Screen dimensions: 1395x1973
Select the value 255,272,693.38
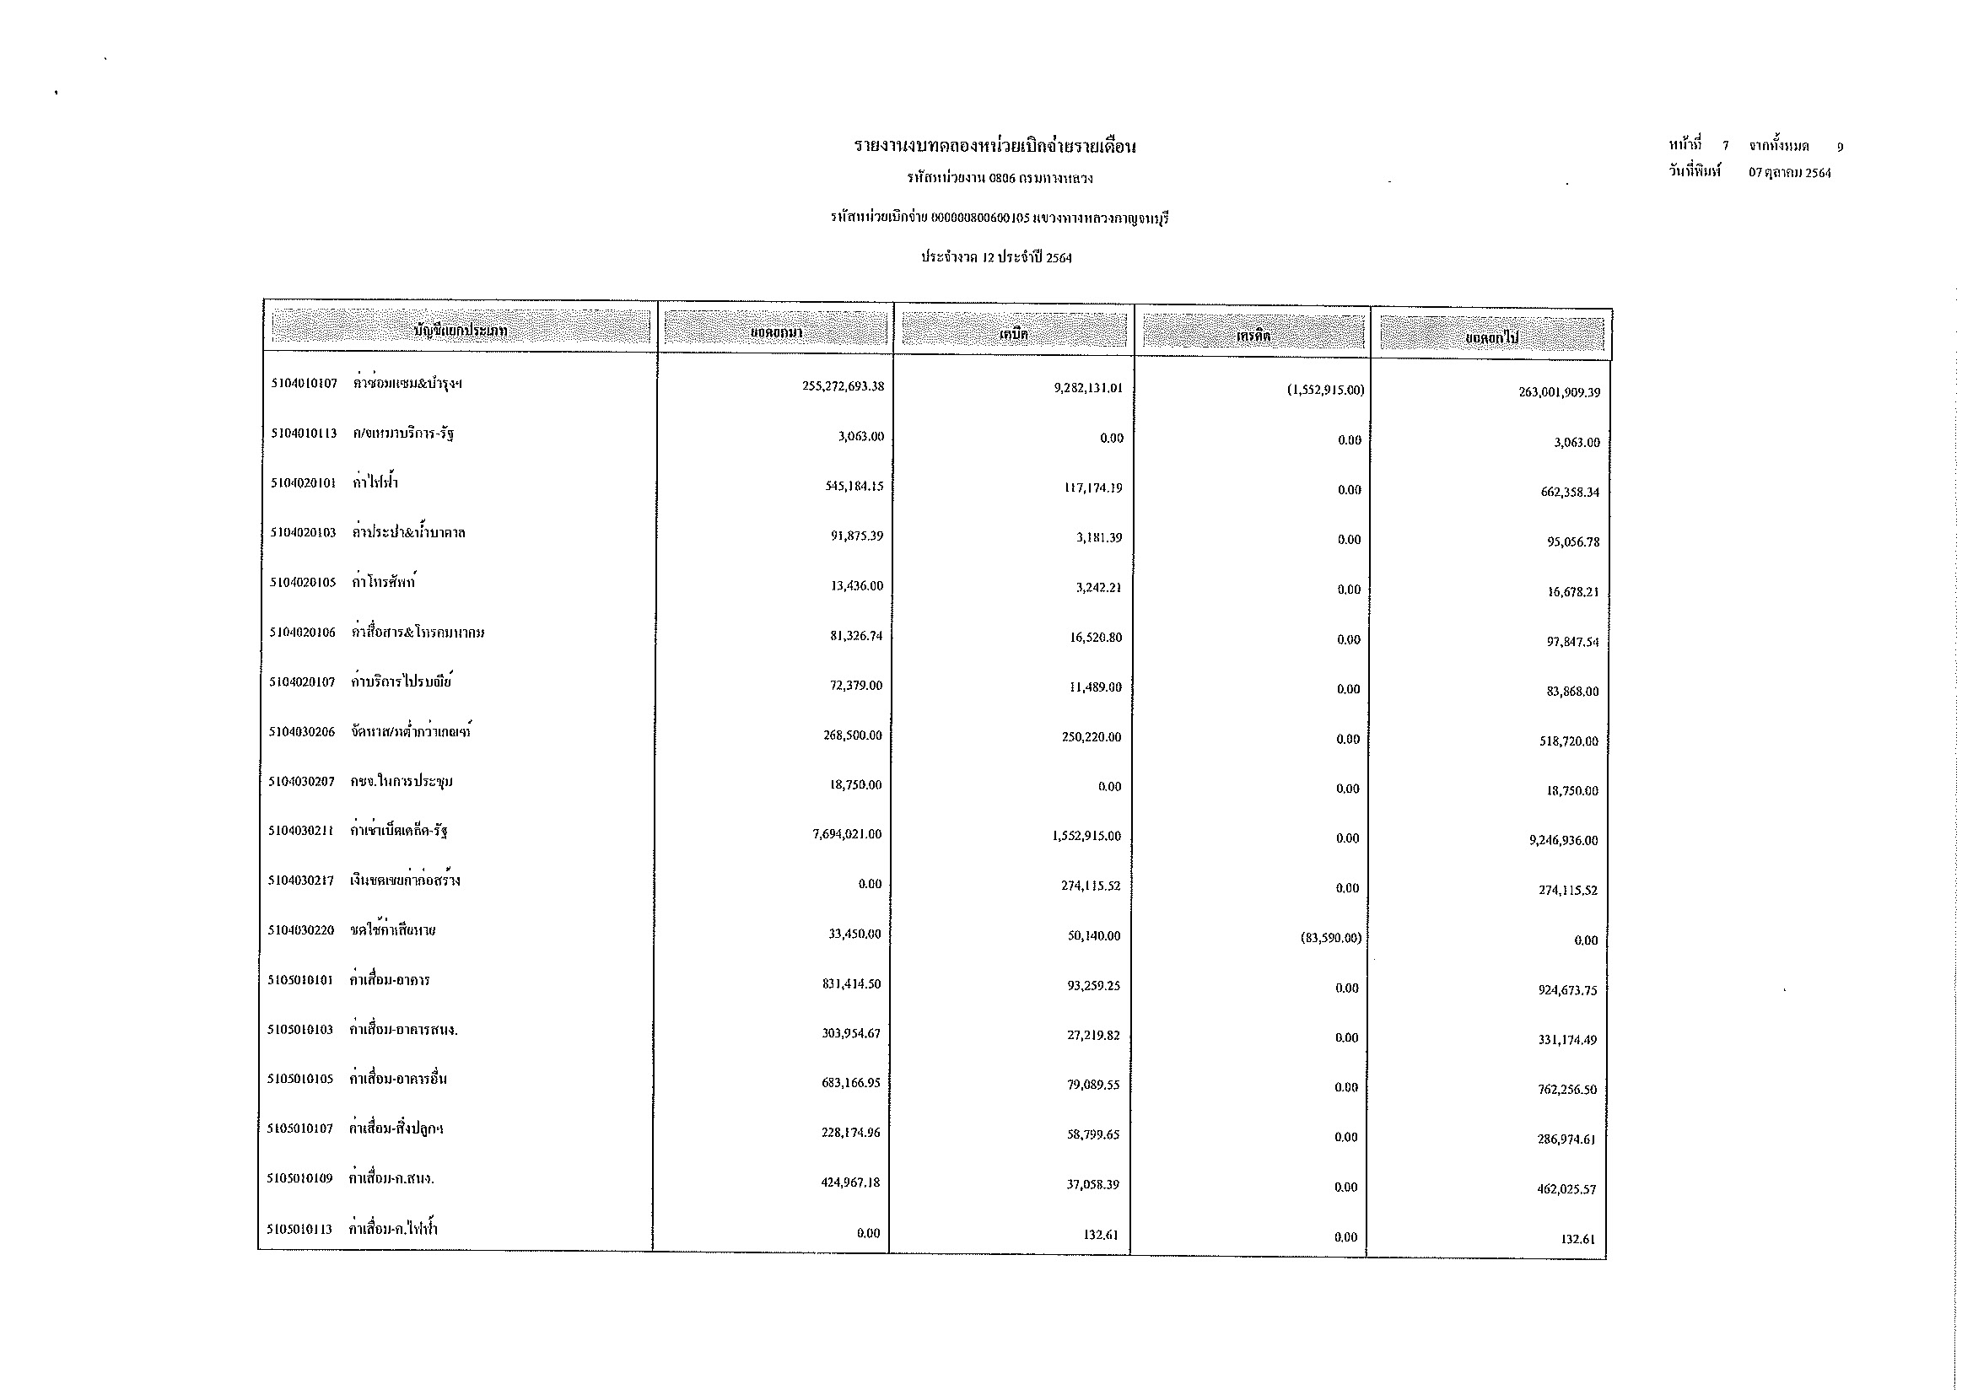tap(843, 386)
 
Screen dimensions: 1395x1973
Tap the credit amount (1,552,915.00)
tap(1325, 390)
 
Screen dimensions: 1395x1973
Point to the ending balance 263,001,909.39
tap(1559, 392)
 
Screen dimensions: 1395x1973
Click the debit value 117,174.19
tap(1092, 487)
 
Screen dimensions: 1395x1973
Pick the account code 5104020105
tap(303, 583)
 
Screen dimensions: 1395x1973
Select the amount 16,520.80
tap(1096, 638)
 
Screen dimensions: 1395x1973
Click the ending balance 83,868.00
tap(1572, 692)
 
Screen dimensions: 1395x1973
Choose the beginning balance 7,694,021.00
tap(846, 834)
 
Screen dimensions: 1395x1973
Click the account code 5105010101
tap(300, 980)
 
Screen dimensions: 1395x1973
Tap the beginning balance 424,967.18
tap(851, 1182)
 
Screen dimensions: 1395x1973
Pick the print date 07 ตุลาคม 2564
tap(1789, 173)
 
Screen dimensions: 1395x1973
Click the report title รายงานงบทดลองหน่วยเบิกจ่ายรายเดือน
tap(995, 146)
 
